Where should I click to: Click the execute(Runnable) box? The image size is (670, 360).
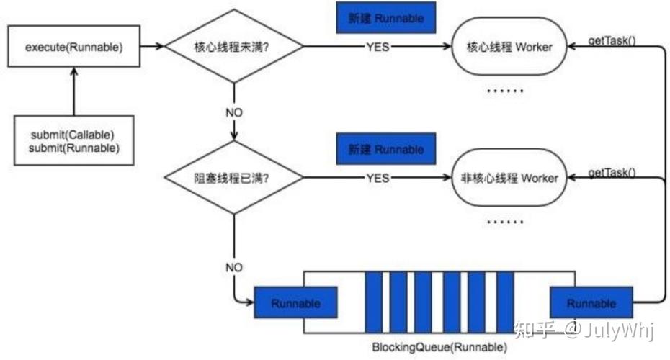73,48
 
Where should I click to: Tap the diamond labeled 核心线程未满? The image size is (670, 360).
234,48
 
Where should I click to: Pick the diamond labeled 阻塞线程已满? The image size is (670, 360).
234,177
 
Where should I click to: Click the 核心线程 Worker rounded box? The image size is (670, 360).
509,48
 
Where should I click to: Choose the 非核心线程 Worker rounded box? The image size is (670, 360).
509,177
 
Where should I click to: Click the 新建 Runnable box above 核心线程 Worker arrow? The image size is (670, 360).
387,18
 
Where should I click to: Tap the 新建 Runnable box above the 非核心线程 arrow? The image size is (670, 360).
387,149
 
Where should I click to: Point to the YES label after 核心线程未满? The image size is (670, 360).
378,48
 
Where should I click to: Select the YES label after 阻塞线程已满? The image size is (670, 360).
378,177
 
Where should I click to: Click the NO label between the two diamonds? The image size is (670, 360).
234,112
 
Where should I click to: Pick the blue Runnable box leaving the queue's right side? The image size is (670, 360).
591,303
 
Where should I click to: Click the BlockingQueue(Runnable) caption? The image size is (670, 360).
439,346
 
